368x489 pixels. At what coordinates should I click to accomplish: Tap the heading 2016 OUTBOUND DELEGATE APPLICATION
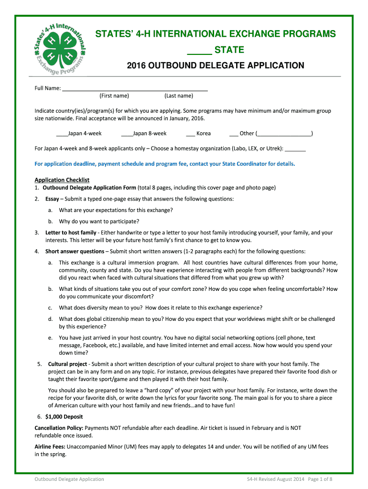tap(215, 65)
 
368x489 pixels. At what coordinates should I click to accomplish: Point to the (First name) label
tap(114, 96)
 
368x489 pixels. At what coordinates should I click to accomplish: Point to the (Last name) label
tap(179, 96)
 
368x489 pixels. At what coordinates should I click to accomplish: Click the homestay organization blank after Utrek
tap(298, 149)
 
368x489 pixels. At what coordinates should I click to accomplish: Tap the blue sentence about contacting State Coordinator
tap(165, 164)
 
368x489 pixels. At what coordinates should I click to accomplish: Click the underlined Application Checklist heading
tap(62, 180)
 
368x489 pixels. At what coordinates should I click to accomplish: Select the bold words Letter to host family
tap(71, 233)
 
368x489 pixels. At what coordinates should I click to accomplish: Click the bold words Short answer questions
tap(75, 251)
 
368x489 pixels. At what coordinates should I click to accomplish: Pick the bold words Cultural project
tap(67, 364)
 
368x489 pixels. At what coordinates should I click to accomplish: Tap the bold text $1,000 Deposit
tap(65, 416)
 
